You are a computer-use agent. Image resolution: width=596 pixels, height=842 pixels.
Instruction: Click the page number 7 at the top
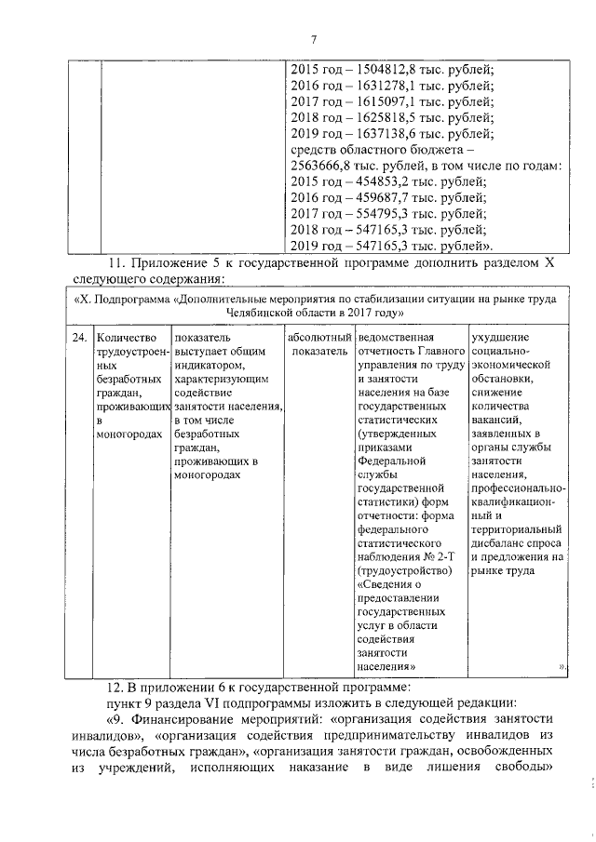click(x=314, y=39)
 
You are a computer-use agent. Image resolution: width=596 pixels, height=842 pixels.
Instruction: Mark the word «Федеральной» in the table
click(x=391, y=460)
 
